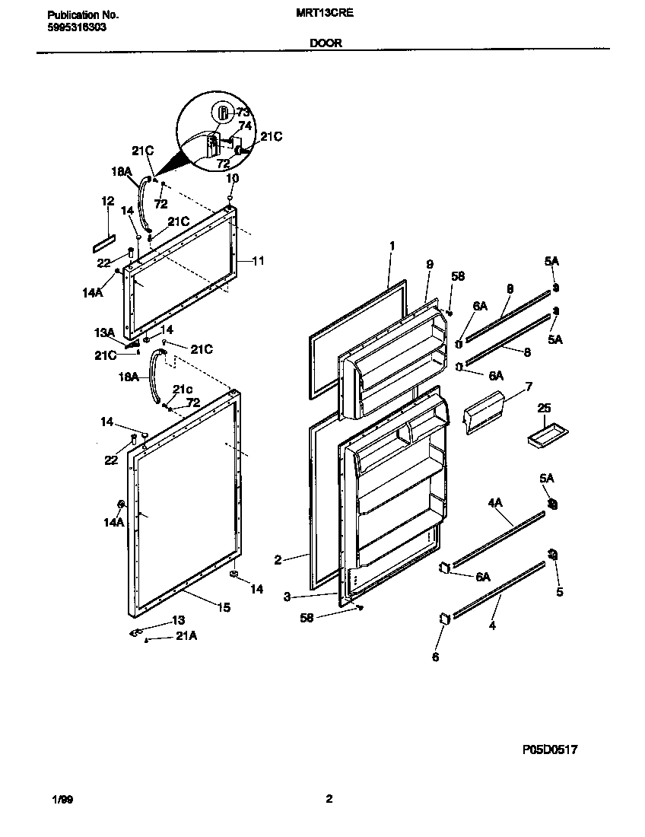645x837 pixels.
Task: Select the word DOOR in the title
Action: click(326, 43)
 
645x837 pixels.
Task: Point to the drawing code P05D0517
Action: click(550, 749)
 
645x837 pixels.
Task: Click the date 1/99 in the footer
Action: click(62, 799)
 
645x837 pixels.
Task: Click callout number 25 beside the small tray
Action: click(543, 409)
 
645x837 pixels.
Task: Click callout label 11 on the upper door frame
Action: click(258, 260)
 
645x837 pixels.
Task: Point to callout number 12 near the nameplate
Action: click(107, 201)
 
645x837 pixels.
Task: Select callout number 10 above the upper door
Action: click(233, 177)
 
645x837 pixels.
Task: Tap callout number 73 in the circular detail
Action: click(243, 113)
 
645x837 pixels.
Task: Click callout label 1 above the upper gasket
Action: click(392, 246)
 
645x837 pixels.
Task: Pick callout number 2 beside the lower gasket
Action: click(278, 560)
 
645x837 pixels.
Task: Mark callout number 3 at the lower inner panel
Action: click(287, 597)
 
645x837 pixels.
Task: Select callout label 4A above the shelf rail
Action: click(495, 502)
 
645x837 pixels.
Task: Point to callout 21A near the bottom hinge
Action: click(186, 637)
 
